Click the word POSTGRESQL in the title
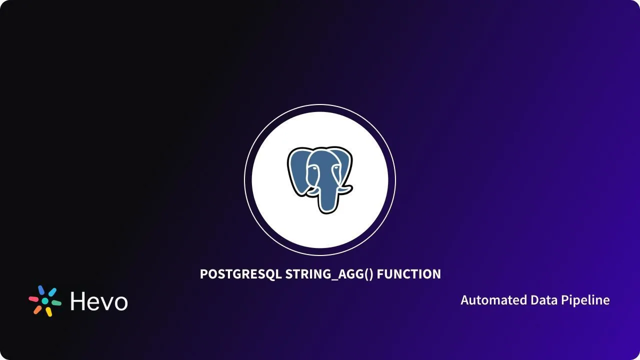point(240,274)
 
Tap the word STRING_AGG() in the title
point(329,274)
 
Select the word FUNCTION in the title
point(408,274)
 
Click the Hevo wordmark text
point(99,301)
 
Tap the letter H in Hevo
point(79,301)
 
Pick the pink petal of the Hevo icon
point(34,299)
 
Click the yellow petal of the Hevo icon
point(48,312)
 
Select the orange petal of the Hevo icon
point(38,309)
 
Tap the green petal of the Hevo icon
point(56,303)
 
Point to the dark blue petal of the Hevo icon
point(41,290)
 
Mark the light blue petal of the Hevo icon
point(52,292)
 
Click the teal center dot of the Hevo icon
point(45,301)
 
